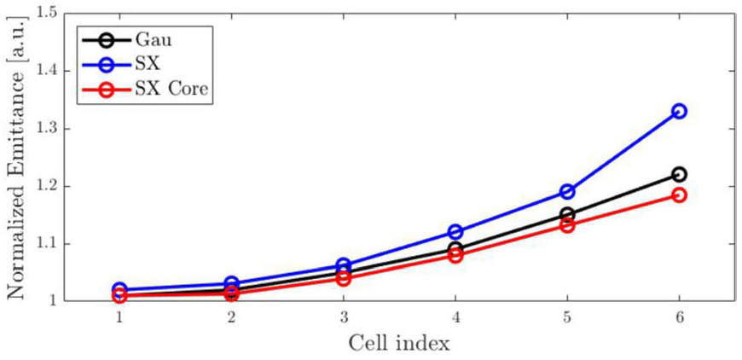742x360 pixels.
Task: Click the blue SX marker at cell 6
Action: point(679,111)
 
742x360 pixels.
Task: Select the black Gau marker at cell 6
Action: point(679,174)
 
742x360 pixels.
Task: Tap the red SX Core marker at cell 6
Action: point(679,195)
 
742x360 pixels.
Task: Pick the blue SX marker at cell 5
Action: point(567,191)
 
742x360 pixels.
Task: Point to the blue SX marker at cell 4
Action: point(455,231)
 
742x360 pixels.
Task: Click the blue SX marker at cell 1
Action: point(119,290)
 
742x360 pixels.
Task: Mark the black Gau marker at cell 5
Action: point(567,214)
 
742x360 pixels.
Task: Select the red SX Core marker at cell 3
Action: point(343,278)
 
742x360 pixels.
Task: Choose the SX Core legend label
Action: point(172,89)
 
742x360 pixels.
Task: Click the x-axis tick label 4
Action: point(455,316)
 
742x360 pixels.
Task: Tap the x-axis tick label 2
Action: point(231,316)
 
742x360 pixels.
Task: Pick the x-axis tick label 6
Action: point(679,316)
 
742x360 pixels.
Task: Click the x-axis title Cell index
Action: point(399,343)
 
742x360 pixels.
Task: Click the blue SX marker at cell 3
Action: point(343,265)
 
